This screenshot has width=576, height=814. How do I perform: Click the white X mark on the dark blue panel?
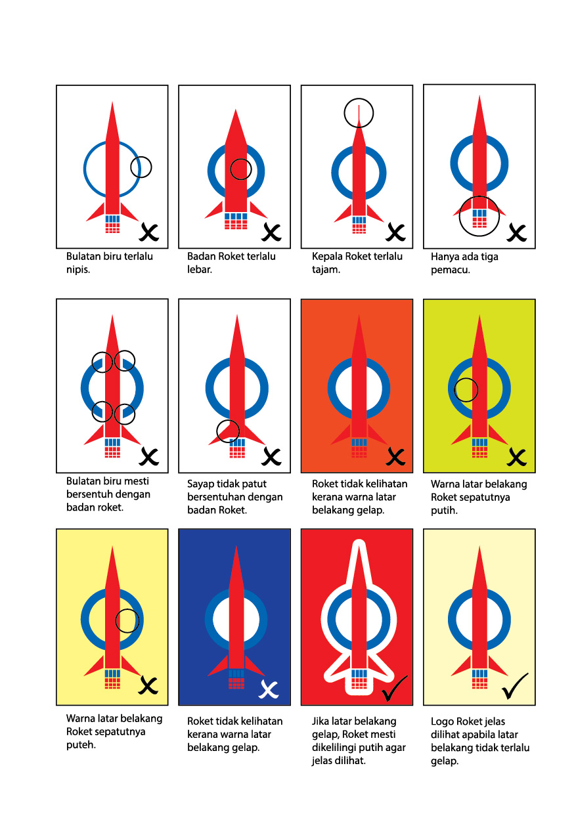point(269,689)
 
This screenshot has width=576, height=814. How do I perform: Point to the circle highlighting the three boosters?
point(459,217)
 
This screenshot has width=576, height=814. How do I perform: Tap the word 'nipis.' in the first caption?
point(78,270)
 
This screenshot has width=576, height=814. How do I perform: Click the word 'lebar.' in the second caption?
point(199,270)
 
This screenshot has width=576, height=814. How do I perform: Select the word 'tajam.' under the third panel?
point(326,270)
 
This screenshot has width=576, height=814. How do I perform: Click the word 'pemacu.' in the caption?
point(450,270)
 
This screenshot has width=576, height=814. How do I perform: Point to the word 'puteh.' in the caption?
point(81,745)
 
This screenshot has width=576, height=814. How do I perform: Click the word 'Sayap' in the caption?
point(200,484)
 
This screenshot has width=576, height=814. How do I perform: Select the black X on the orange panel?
point(395,456)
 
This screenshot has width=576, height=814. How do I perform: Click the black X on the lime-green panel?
point(516,456)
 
